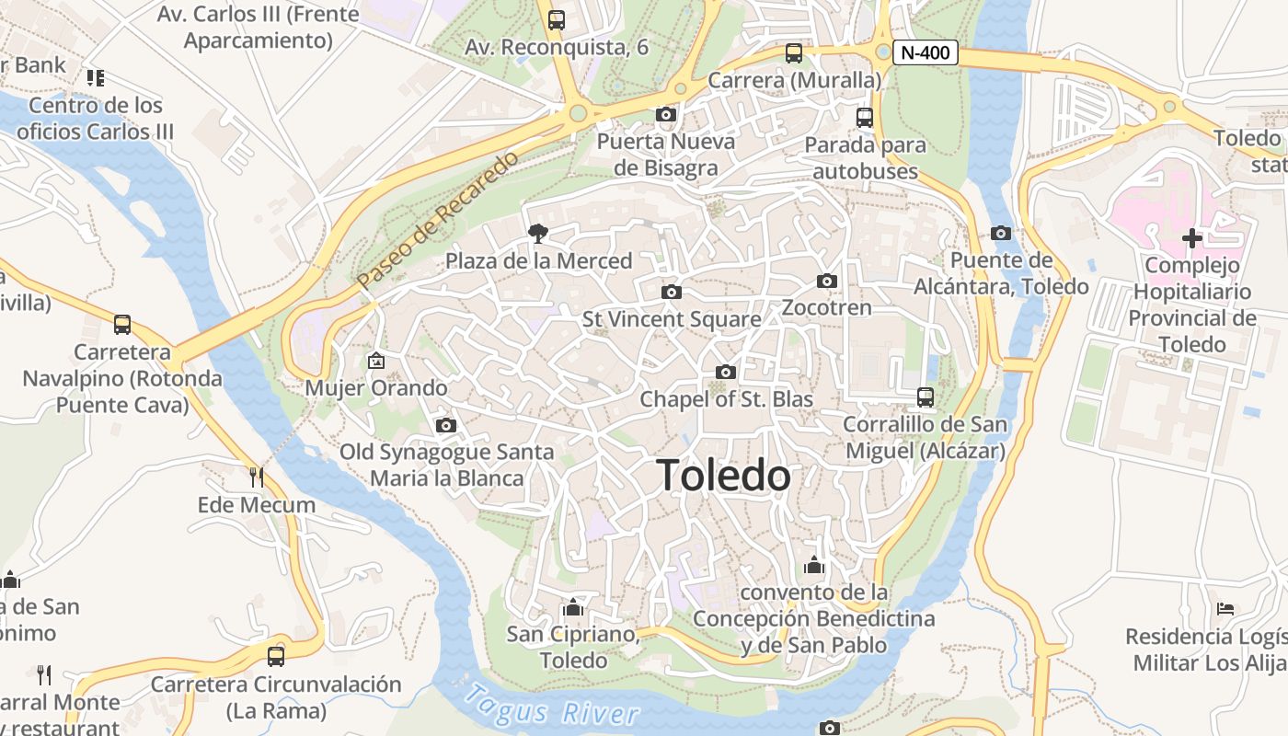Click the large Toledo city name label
coord(724,476)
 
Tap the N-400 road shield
coord(926,52)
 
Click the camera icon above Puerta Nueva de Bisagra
coord(666,114)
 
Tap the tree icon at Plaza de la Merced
coord(538,234)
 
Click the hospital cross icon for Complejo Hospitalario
coord(1192,238)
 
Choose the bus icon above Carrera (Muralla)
coord(794,53)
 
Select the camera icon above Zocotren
coord(827,281)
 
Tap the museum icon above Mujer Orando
coord(375,361)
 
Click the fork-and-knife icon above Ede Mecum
coord(257,477)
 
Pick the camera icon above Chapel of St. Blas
coord(726,372)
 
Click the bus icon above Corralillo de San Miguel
coord(926,397)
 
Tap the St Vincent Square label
coord(672,319)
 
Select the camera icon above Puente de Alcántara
coord(1001,234)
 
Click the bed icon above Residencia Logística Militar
coord(1225,608)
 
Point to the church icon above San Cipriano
coord(574,607)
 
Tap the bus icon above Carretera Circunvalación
coord(276,656)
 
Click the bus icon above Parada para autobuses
coord(865,117)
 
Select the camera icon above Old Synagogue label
coord(446,425)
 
